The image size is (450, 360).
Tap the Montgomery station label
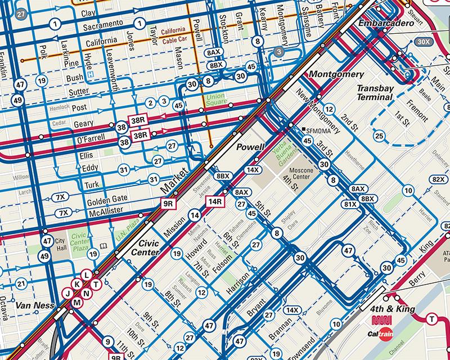(x=334, y=74)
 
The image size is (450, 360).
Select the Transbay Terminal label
(x=375, y=93)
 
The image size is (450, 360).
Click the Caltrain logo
(x=388, y=333)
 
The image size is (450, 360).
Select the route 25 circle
(x=380, y=135)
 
